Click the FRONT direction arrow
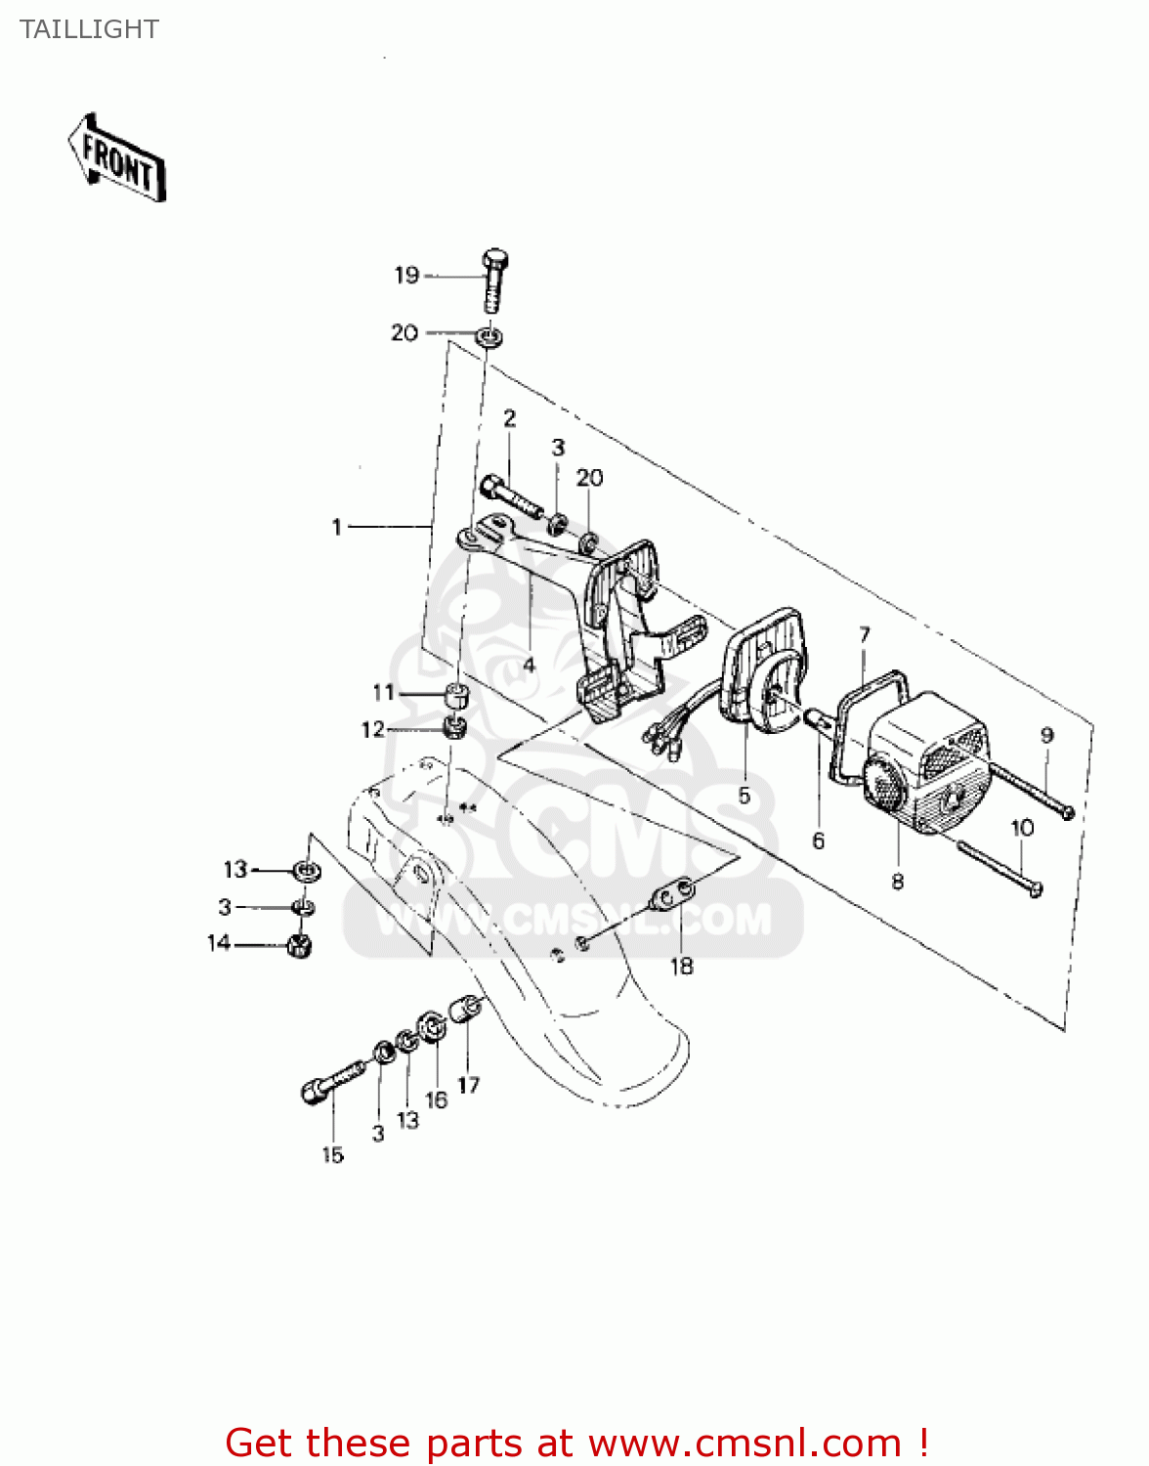117,158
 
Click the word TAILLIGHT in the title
89,29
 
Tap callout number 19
406,276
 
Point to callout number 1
337,527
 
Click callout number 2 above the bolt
509,419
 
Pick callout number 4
529,666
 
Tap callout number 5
744,796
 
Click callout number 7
865,635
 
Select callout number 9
1046,735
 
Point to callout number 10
1022,828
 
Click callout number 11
383,692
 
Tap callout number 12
372,729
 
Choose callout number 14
219,942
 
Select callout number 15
332,1155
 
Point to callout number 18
681,967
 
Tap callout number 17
468,1085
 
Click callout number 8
897,882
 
